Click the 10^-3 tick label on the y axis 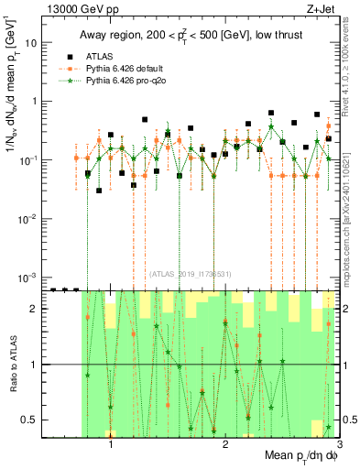(x=29, y=277)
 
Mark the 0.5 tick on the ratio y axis (x=33, y=420)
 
